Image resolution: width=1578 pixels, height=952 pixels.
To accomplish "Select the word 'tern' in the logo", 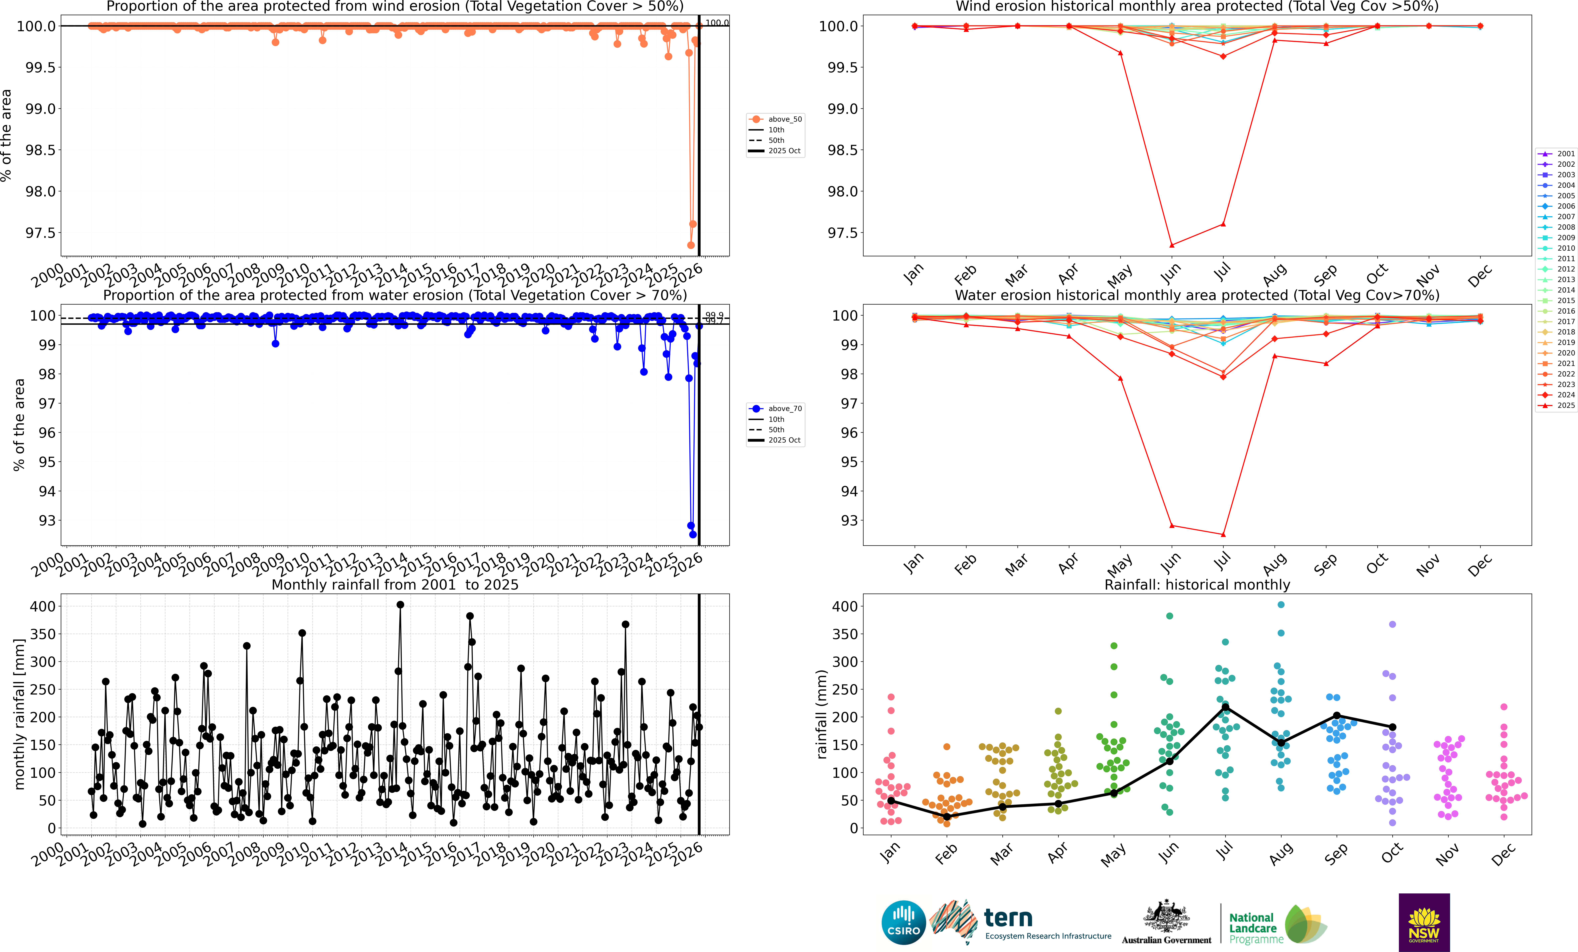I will [1008, 918].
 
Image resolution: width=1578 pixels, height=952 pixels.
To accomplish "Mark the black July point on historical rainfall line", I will [1225, 707].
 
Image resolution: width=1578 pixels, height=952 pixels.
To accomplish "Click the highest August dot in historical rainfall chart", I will [1281, 604].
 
